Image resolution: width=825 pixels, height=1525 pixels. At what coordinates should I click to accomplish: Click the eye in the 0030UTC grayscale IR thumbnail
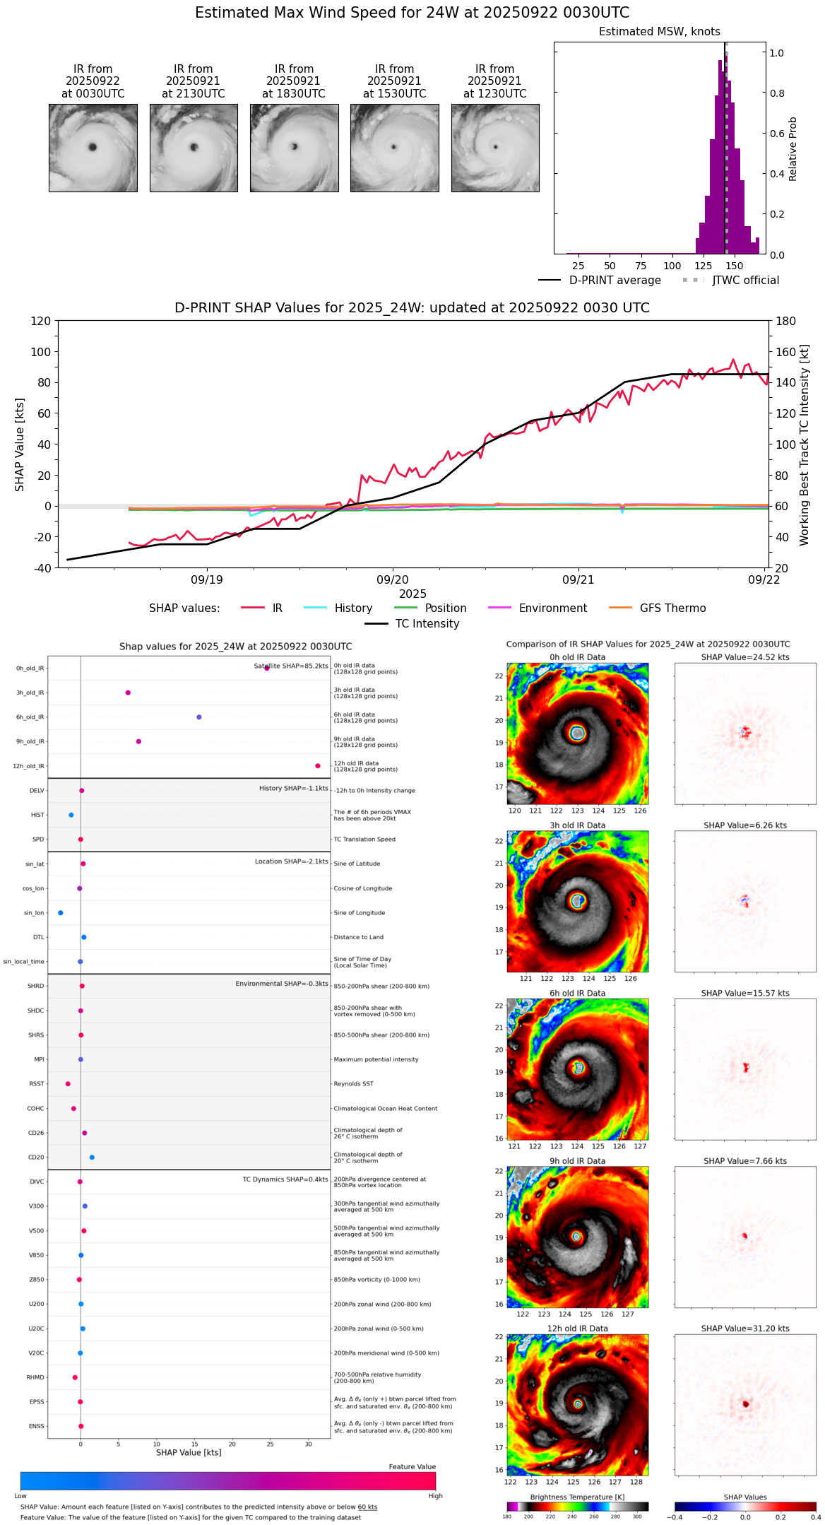93,147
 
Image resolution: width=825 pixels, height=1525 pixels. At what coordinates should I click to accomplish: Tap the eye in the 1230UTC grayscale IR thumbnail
496,147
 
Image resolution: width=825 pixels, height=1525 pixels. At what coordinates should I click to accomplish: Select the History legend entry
353,608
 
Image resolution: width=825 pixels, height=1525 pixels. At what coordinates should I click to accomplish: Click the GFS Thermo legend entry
672,608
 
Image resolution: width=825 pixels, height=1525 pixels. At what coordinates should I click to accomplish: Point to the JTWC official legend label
745,281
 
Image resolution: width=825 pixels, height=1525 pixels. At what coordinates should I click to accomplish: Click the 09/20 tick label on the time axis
393,580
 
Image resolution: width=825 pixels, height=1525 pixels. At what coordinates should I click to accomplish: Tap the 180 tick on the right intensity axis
786,322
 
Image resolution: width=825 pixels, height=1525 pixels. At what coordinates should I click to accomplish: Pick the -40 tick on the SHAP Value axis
42,568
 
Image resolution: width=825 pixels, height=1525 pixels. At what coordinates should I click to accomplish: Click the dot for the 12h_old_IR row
318,766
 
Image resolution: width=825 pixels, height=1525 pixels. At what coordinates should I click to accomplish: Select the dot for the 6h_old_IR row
199,717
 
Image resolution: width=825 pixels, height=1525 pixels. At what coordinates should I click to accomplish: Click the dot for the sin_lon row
61,913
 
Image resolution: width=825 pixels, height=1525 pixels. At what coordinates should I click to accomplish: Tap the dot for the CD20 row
92,1158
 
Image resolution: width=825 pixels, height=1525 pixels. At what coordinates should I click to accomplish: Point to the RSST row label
37,1084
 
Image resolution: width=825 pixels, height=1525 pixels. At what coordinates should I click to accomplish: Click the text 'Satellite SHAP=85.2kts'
291,666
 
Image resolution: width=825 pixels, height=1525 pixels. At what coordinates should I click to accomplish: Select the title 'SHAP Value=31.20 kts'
745,1329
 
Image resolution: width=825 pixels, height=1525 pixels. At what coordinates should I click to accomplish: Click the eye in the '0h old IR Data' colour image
578,734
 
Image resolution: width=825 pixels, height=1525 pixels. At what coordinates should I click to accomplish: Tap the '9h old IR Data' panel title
577,1161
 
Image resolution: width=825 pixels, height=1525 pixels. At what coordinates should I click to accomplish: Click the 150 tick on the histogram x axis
735,266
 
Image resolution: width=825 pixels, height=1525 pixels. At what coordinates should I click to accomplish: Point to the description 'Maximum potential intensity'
376,1060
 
